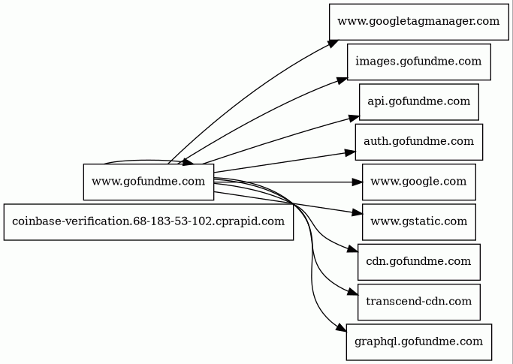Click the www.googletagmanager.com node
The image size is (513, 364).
tap(418, 21)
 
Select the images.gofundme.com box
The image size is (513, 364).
tap(418, 62)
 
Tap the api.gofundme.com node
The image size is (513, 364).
tap(418, 101)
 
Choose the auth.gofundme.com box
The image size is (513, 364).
tap(418, 141)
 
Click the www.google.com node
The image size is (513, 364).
tap(418, 182)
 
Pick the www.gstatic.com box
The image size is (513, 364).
tap(418, 221)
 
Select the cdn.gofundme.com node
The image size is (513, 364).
tap(418, 261)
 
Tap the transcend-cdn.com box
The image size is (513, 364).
tap(418, 302)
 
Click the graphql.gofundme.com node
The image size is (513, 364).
tap(418, 342)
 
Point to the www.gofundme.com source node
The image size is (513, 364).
tap(148, 182)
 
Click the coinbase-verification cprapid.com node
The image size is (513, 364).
tap(148, 221)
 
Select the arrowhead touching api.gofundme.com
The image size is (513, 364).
tap(354, 117)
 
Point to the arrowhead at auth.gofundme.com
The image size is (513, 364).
tap(349, 152)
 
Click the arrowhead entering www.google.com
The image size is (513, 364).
tap(357, 182)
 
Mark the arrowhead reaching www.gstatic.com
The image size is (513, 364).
tap(357, 213)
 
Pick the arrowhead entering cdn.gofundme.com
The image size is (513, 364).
tap(352, 251)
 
